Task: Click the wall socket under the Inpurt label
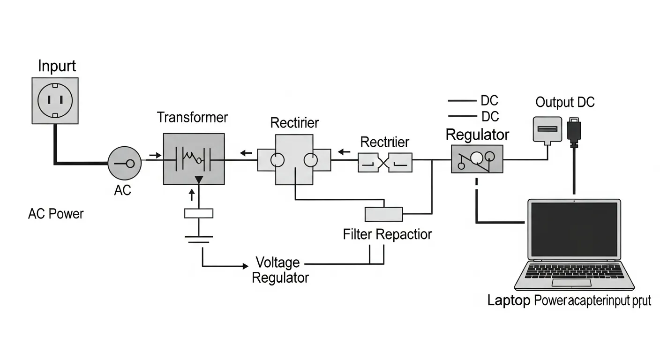[55, 101]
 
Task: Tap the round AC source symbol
[124, 163]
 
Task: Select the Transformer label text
[192, 117]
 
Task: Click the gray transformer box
[194, 159]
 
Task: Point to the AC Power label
[56, 214]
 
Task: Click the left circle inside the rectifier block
[277, 160]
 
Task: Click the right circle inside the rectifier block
[311, 160]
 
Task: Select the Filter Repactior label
[387, 234]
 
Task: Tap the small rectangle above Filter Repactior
[383, 214]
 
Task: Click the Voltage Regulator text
[280, 270]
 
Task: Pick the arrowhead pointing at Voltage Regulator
[244, 266]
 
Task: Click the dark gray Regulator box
[477, 159]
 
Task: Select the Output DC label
[565, 102]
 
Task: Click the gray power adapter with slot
[547, 129]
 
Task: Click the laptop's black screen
[574, 230]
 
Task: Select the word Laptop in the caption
[509, 300]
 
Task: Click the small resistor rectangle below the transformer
[199, 213]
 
